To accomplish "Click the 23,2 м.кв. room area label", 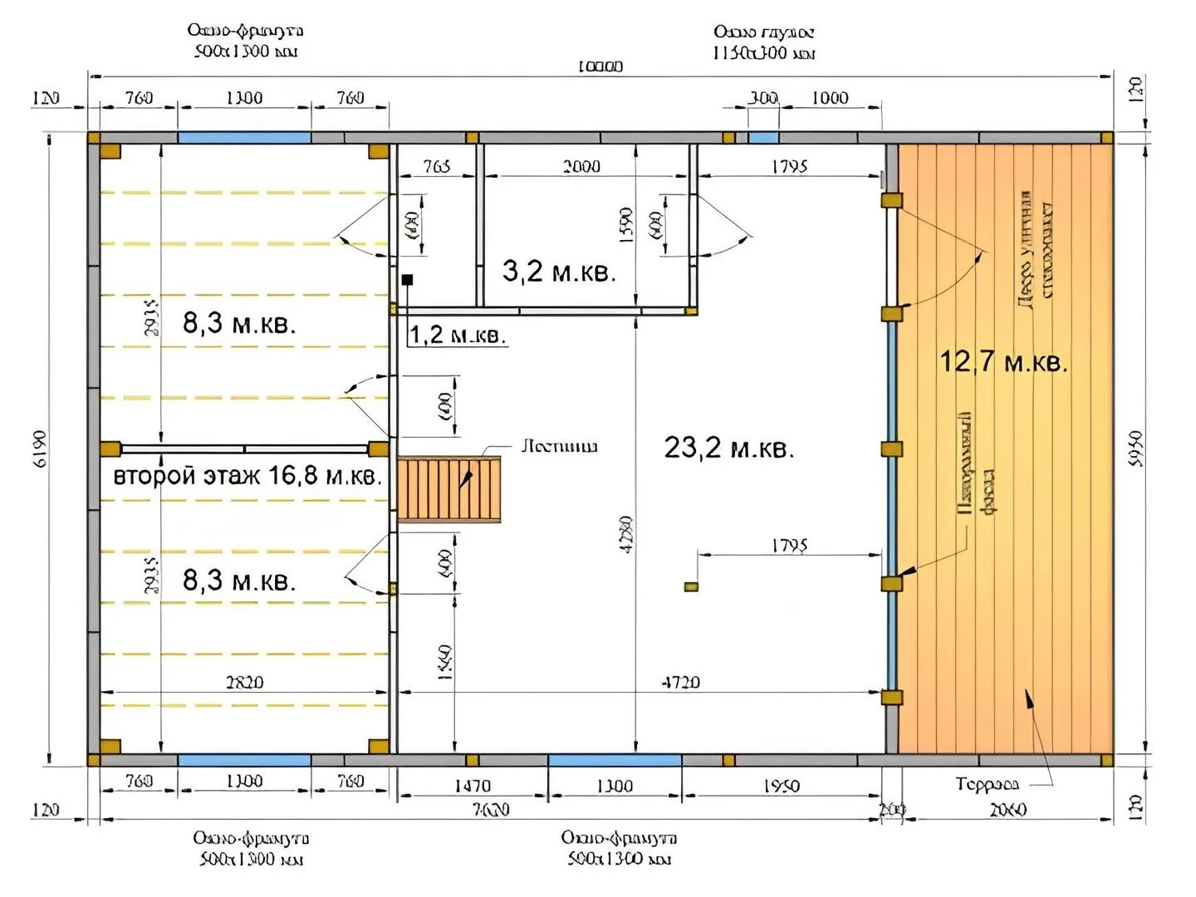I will coord(728,448).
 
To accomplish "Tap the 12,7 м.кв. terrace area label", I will coord(1002,362).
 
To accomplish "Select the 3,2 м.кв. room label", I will coord(559,271).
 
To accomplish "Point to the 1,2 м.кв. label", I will coord(457,335).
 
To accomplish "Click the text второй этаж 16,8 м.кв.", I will coord(247,476).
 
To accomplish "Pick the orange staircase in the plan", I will coord(448,489).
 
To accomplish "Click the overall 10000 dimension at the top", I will coord(600,66).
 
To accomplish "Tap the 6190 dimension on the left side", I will coord(42,448).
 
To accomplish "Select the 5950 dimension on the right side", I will coord(1137,448).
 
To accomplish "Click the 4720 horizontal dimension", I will coord(680,682).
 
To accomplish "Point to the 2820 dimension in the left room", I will coord(244,682).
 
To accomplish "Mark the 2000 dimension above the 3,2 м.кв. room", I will coord(581,166).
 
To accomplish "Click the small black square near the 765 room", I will coord(407,280).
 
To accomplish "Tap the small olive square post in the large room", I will coord(691,587).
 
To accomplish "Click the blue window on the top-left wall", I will coord(244,138).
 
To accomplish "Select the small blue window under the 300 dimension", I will coord(763,138).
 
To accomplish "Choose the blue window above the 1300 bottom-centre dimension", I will coord(615,760).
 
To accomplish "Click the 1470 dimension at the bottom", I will coord(472,786).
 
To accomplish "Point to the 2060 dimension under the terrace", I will coord(1007,809).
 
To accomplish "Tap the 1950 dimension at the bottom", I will coord(781,786).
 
